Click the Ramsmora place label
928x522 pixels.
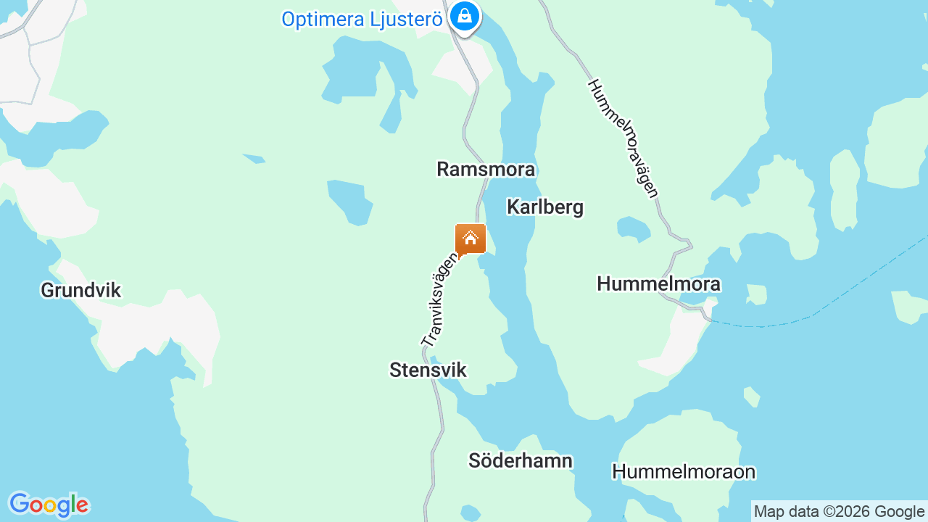pos(486,170)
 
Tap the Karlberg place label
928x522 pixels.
pos(545,207)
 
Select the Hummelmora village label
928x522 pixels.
pos(658,283)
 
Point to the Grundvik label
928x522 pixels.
pos(80,291)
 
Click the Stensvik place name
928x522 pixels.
pos(428,370)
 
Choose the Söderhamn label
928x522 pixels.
pos(521,460)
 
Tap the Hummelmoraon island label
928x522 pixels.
pos(684,472)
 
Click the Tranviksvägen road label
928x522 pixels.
pos(439,299)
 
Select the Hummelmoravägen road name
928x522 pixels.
pos(623,138)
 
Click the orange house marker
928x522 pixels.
pos(471,239)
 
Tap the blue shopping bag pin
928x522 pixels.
pos(464,15)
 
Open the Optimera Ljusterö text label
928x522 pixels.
pos(362,20)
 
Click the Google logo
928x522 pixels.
pos(49,505)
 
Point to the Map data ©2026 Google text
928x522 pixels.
pos(839,511)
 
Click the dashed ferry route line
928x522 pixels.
pos(834,304)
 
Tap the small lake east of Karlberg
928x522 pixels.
pos(633,228)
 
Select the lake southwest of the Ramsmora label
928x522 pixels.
pos(349,201)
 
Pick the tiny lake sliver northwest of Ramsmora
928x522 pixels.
pos(254,158)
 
